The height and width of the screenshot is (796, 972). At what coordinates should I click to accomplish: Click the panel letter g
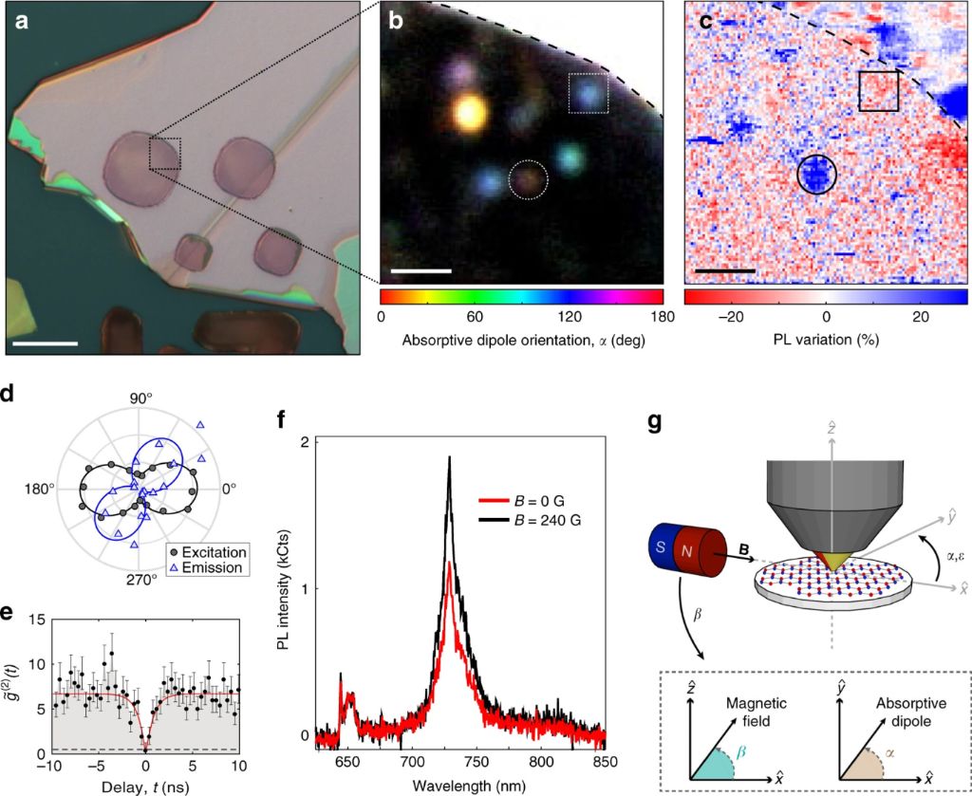656,421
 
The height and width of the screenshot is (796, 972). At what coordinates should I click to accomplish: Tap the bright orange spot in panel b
468,113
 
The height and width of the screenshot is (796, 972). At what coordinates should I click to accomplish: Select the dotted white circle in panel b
529,179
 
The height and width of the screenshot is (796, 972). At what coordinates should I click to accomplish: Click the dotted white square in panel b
587,93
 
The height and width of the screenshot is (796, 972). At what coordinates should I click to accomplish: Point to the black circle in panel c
816,173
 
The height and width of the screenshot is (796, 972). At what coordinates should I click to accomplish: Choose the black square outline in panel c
879,90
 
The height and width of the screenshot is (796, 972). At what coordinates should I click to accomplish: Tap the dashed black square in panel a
164,154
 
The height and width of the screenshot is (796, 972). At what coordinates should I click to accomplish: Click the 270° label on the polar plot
140,578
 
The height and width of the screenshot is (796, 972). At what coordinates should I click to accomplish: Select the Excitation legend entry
205,552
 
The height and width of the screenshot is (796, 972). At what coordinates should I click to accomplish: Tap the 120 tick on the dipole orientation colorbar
570,318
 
